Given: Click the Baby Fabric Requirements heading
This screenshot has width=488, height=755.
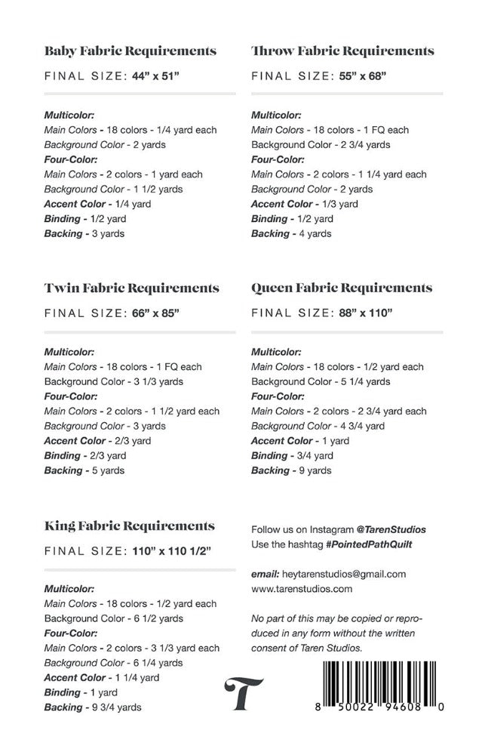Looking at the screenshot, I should [x=130, y=51].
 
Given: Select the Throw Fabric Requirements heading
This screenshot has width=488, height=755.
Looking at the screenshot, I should [x=342, y=51].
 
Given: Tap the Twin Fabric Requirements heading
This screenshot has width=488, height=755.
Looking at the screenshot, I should [x=132, y=288].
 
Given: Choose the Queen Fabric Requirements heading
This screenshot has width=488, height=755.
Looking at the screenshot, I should [x=342, y=288].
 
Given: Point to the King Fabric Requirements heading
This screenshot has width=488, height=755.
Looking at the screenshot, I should [x=129, y=525].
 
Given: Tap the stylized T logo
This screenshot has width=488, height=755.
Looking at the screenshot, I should [x=244, y=694].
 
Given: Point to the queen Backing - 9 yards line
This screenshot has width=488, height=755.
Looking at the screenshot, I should [x=291, y=470].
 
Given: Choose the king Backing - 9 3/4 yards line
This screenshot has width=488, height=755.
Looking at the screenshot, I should [x=93, y=707].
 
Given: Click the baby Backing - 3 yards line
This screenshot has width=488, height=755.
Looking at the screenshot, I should [x=84, y=233].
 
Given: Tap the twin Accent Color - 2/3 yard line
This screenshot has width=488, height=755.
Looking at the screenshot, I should [x=97, y=441].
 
